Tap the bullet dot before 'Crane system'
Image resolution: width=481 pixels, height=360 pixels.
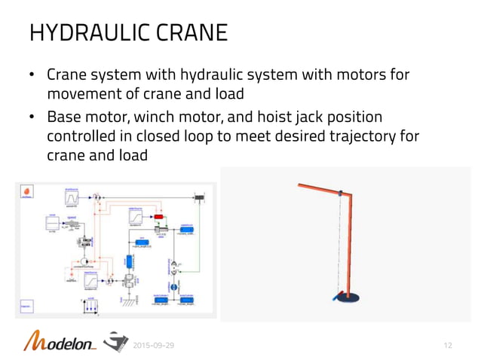(32, 76)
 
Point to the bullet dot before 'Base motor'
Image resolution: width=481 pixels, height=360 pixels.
(32, 119)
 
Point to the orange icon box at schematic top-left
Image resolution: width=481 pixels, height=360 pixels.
(27, 192)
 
